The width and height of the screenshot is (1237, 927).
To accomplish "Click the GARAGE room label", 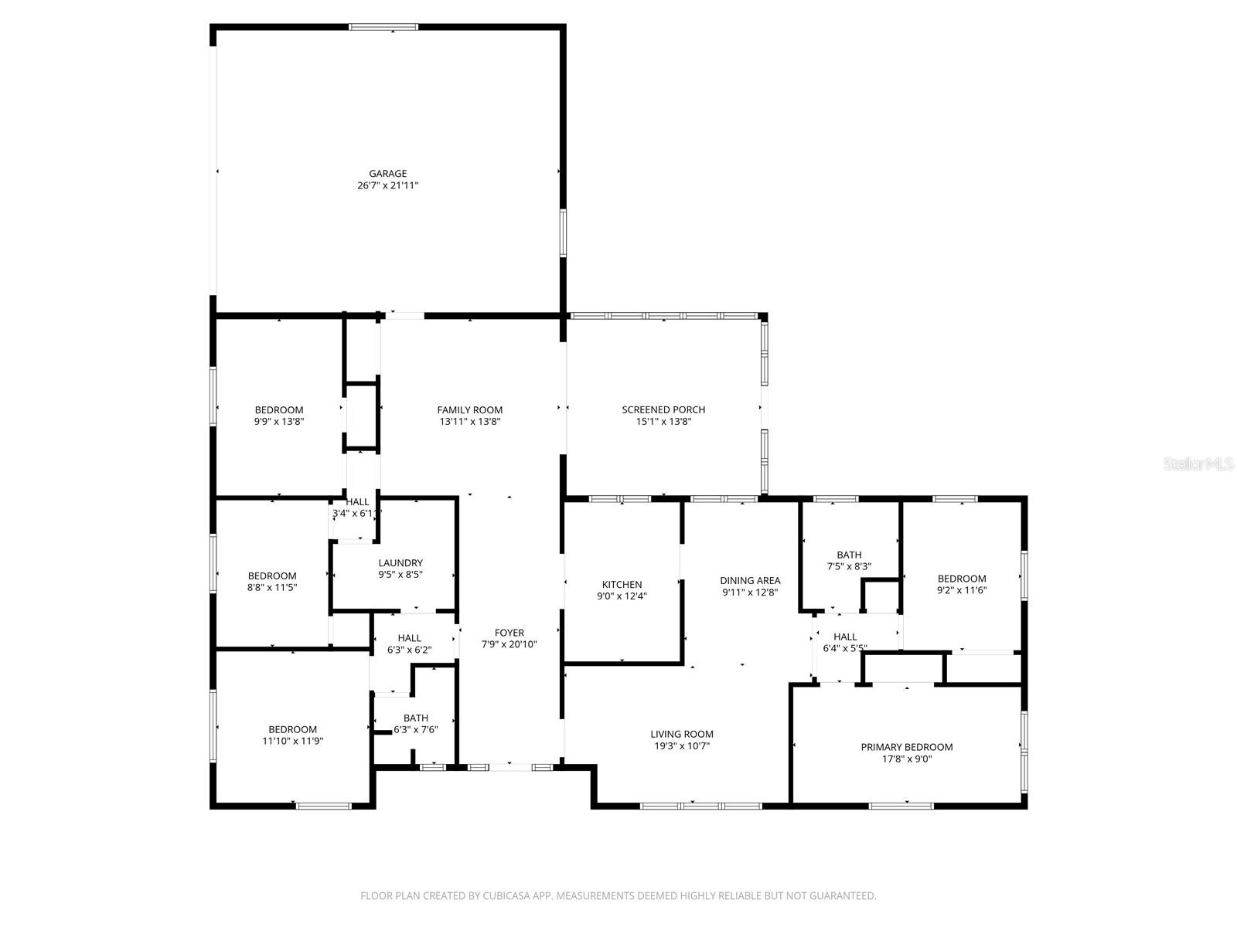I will point(387,174).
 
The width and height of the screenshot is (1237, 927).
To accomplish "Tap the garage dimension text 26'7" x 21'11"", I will point(387,186).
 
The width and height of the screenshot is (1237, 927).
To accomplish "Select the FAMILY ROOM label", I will point(469,410).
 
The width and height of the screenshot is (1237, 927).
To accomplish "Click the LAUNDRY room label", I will point(400,563).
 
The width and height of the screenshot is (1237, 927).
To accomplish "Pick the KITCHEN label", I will point(622,585).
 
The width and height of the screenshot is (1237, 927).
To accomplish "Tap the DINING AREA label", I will point(750,581).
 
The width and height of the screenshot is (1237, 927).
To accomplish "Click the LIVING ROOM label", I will point(681,735).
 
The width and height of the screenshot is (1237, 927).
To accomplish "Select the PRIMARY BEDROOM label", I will point(906,747).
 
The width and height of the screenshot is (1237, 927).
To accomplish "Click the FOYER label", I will point(509,633).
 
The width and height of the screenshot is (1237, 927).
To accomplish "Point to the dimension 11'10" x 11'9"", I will point(292,742).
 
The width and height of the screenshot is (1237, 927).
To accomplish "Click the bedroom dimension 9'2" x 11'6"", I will point(962,591).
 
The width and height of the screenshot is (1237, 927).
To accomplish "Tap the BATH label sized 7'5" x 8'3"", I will point(849,555).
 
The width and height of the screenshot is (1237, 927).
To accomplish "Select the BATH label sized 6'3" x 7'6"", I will point(415,718).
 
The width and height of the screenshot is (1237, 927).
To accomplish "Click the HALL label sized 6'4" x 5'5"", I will point(845,637).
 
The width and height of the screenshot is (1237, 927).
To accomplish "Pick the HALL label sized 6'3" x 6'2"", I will point(409,638).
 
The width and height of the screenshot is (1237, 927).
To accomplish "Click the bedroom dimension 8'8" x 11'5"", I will point(272,588).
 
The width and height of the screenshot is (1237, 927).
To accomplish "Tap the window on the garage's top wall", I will point(383,27).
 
